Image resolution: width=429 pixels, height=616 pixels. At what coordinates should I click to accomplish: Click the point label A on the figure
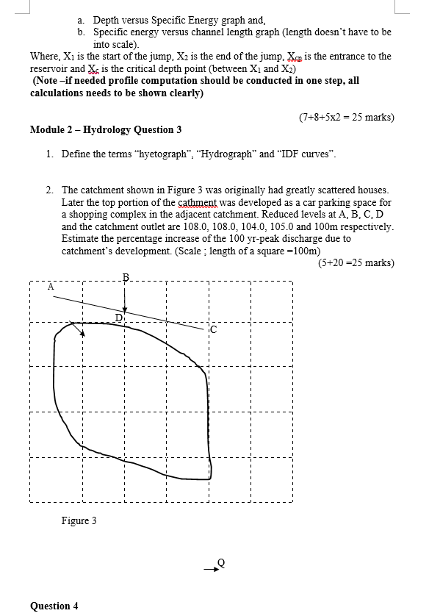click(x=51, y=287)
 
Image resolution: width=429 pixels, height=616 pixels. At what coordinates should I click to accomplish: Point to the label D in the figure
click(x=118, y=317)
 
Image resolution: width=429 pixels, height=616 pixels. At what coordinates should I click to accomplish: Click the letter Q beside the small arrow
click(x=220, y=562)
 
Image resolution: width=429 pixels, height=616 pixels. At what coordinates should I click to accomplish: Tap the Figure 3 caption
click(x=79, y=520)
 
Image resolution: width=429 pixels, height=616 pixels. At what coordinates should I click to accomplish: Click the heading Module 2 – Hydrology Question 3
click(x=106, y=129)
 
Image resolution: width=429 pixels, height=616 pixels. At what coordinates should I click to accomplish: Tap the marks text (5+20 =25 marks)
click(x=357, y=262)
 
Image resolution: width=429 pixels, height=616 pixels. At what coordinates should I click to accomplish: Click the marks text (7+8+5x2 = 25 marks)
click(x=347, y=117)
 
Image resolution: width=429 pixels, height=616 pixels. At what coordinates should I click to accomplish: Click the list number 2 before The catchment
click(x=48, y=190)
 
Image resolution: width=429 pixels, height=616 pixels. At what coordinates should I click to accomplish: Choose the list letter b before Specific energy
click(x=80, y=32)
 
